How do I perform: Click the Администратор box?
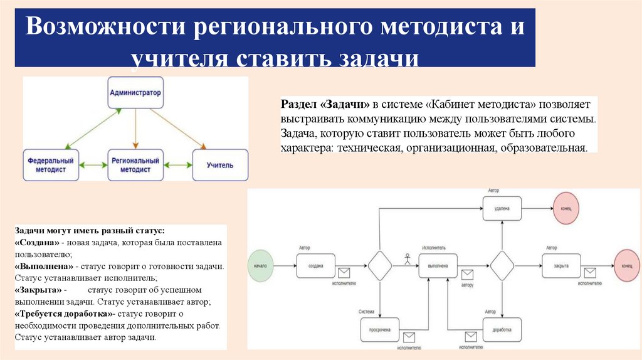point(135,93)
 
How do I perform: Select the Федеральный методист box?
point(51,165)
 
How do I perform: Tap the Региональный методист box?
point(135,165)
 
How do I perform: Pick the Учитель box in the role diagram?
point(220,165)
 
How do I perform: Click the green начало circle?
point(262,266)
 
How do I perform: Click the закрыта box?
point(561,266)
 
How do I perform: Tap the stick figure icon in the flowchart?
point(407,257)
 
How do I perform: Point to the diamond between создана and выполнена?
point(380,266)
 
